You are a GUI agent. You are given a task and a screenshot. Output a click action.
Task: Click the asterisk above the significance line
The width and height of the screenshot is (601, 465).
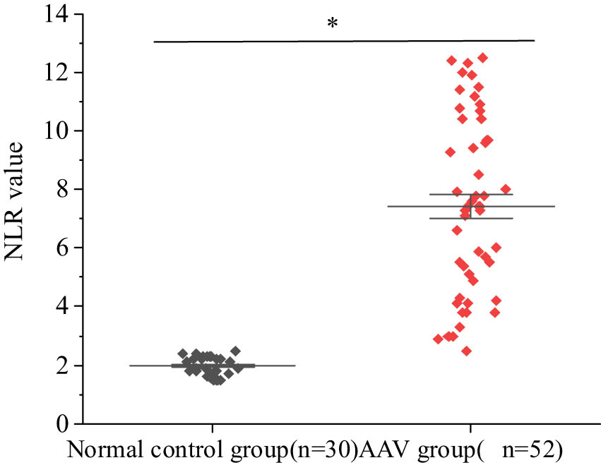332,23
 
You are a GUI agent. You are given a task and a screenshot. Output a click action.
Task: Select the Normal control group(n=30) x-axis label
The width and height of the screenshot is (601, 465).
213,449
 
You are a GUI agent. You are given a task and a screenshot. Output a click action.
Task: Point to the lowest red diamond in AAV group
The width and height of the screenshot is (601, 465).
467,351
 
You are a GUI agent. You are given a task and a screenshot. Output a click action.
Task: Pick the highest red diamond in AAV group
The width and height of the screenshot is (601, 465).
483,58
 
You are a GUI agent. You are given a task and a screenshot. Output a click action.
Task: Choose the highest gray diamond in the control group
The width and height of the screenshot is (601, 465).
236,351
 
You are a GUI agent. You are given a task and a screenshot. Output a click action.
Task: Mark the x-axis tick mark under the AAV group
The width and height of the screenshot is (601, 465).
471,428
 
